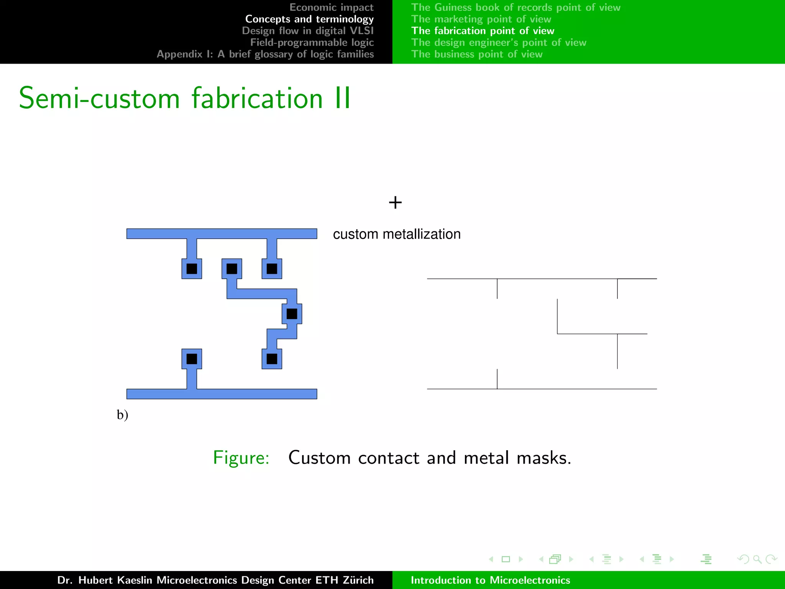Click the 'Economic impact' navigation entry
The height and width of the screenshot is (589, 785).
click(331, 7)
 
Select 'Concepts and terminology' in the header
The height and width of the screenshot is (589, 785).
click(309, 19)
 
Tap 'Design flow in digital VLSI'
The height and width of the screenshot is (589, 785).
click(307, 31)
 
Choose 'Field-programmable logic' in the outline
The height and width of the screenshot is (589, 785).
click(312, 43)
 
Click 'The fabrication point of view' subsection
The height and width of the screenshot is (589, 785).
click(483, 31)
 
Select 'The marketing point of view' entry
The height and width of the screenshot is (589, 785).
click(481, 19)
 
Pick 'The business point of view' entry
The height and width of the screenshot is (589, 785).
click(477, 54)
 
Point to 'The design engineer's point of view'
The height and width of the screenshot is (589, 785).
click(499, 43)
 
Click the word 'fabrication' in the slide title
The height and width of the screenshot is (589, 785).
click(257, 98)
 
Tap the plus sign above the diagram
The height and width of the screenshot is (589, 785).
click(395, 202)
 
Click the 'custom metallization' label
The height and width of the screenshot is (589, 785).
click(397, 234)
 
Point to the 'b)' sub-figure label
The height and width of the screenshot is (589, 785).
click(122, 415)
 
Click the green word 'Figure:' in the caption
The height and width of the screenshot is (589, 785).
click(241, 457)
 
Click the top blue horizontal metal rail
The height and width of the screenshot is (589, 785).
click(222, 234)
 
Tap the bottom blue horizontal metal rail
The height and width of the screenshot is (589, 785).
click(222, 394)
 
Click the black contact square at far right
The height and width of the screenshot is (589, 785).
click(292, 314)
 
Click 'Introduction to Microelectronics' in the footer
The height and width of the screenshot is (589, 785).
click(490, 580)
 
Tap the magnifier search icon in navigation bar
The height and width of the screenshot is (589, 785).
click(757, 559)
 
